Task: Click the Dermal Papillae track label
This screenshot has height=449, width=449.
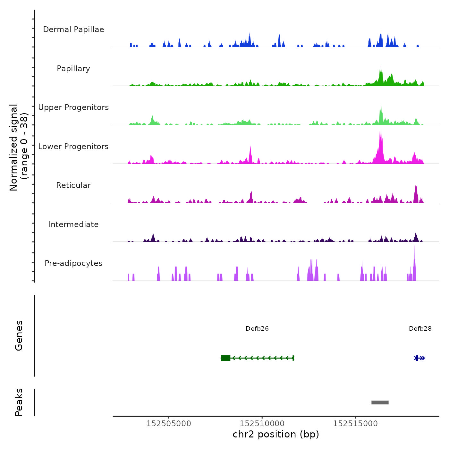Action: (x=73, y=30)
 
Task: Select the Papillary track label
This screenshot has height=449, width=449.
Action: (x=73, y=69)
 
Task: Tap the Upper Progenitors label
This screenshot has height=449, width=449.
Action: (x=73, y=107)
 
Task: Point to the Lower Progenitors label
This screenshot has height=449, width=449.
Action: (x=73, y=147)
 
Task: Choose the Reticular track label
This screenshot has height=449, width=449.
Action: (x=73, y=185)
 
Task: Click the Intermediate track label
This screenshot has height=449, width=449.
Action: (x=73, y=224)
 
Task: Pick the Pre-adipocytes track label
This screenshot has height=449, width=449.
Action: (x=73, y=263)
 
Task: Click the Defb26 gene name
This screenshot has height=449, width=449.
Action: (x=257, y=329)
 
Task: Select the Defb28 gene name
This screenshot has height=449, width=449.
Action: (x=420, y=329)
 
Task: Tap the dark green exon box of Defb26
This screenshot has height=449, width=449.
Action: (x=225, y=358)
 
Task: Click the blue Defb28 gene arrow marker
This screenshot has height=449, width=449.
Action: (x=420, y=358)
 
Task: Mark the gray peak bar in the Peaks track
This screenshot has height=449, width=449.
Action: (x=380, y=402)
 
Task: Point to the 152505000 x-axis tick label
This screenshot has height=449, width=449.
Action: (x=169, y=424)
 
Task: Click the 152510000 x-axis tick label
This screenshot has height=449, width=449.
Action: (x=262, y=424)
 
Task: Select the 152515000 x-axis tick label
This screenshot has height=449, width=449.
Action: (x=355, y=424)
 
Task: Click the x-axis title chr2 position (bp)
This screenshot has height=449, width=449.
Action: (x=276, y=434)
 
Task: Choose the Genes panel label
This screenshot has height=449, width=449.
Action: (x=19, y=335)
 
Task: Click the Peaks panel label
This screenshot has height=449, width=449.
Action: (x=19, y=402)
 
